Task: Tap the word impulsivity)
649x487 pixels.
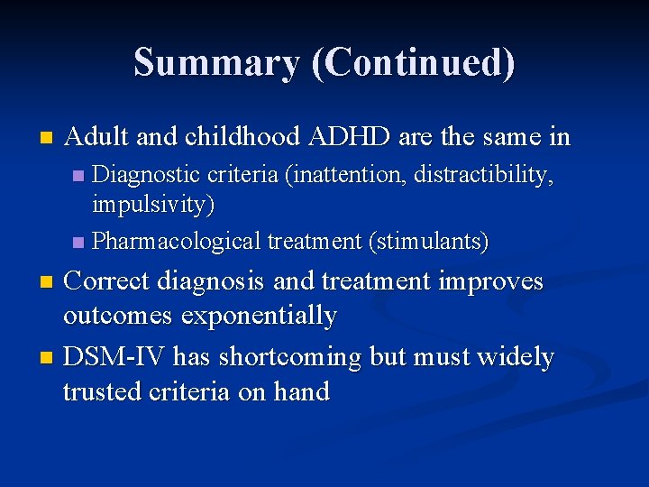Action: click(x=153, y=205)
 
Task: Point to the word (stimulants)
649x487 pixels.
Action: click(x=429, y=242)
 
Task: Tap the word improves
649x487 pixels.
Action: click(x=491, y=281)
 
